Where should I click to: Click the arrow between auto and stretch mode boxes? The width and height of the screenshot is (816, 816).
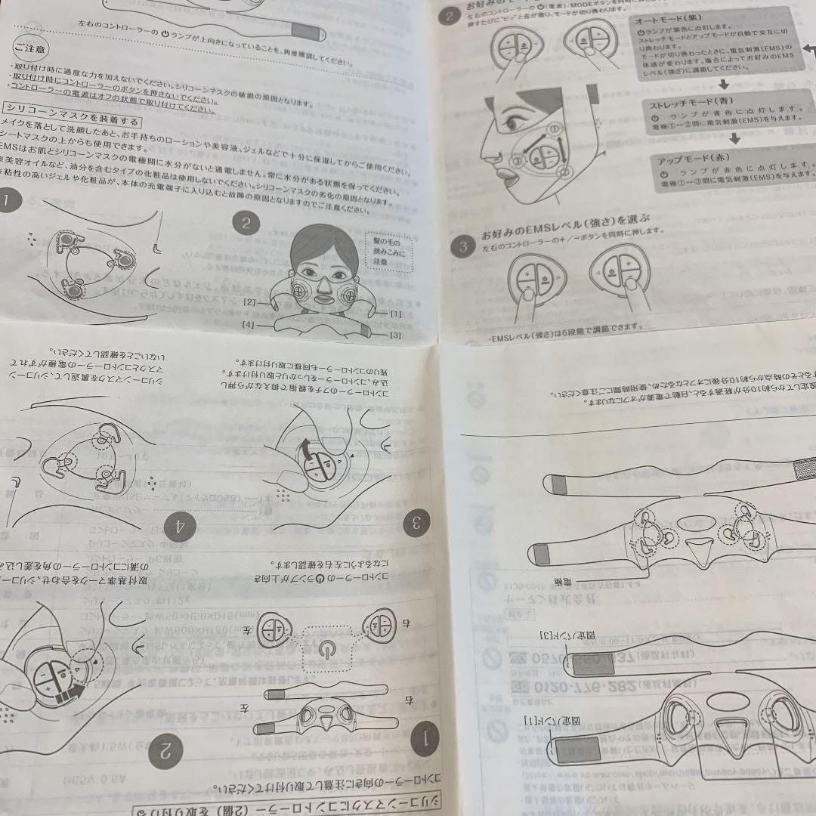(x=723, y=83)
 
